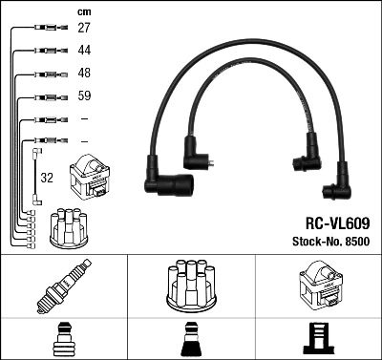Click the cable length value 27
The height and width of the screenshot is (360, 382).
click(84, 29)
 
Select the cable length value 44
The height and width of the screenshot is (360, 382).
click(84, 51)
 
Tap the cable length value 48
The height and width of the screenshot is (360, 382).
click(84, 74)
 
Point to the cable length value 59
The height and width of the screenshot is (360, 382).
click(84, 96)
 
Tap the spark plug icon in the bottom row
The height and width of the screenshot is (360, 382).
click(64, 286)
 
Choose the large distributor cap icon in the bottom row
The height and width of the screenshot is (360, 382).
click(190, 284)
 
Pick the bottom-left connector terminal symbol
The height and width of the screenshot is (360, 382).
click(63, 339)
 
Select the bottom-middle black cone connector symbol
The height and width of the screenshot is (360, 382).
click(190, 339)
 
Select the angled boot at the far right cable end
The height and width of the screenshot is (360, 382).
click(338, 190)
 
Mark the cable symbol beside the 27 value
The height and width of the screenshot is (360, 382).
click(44, 29)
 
